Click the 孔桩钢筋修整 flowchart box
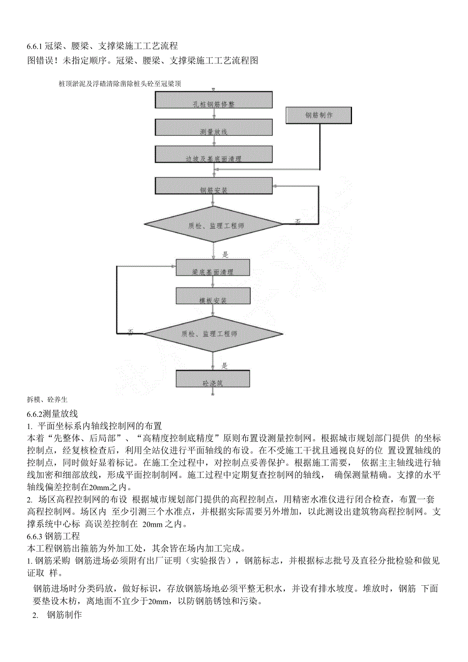click(x=213, y=100)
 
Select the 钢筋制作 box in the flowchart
click(x=318, y=115)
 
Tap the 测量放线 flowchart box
click(x=213, y=128)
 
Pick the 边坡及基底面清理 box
click(x=213, y=155)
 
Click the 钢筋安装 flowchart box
click(x=213, y=186)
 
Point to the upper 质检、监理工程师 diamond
click(x=213, y=224)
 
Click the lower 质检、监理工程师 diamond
click(x=213, y=334)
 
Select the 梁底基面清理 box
click(x=213, y=268)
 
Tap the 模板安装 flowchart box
click(x=213, y=296)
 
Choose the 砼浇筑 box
click(x=213, y=379)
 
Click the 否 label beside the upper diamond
click(x=298, y=221)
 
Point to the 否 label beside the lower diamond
click(x=131, y=333)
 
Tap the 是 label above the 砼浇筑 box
click(x=225, y=365)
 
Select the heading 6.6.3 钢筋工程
click(x=53, y=536)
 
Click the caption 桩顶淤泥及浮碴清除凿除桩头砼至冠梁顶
click(x=120, y=83)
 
